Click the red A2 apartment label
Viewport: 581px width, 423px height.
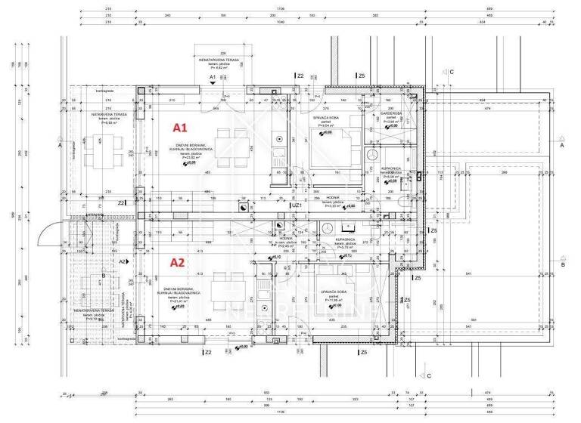177,263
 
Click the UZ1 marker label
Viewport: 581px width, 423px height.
297,204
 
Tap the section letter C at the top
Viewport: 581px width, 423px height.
451,72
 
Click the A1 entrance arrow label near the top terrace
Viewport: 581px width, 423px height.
213,77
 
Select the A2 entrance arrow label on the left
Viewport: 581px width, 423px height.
122,261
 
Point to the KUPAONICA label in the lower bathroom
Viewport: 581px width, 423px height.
346,239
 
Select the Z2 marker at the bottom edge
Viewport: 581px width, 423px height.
207,352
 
